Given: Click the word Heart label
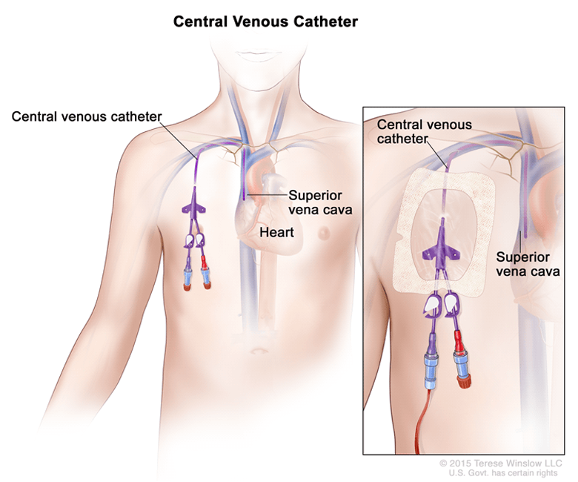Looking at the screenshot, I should coord(276,232).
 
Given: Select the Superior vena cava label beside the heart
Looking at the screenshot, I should coord(319,202).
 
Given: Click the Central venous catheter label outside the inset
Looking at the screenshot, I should coord(86,116).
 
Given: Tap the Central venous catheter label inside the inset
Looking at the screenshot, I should coord(424,131).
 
